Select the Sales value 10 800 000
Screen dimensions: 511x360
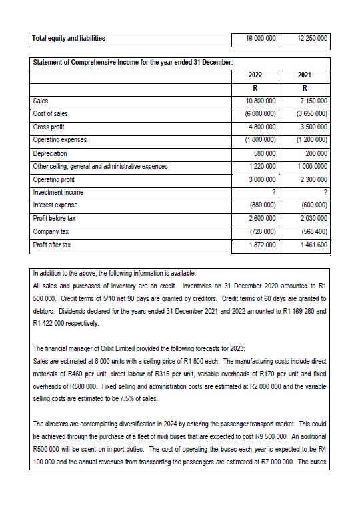tap(260, 101)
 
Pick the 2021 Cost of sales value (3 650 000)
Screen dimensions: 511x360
tap(310, 113)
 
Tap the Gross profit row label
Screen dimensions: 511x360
tap(50, 127)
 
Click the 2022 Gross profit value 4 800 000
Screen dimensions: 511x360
tap(261, 127)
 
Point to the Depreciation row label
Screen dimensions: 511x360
tap(51, 153)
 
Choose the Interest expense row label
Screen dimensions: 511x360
tap(55, 205)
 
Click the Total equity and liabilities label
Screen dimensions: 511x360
tap(69, 38)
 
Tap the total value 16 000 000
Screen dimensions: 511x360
tap(261, 39)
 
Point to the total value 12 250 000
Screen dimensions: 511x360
tap(311, 39)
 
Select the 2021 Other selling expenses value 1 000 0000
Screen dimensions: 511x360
tap(311, 166)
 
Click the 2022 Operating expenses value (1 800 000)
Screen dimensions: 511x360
tap(260, 140)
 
